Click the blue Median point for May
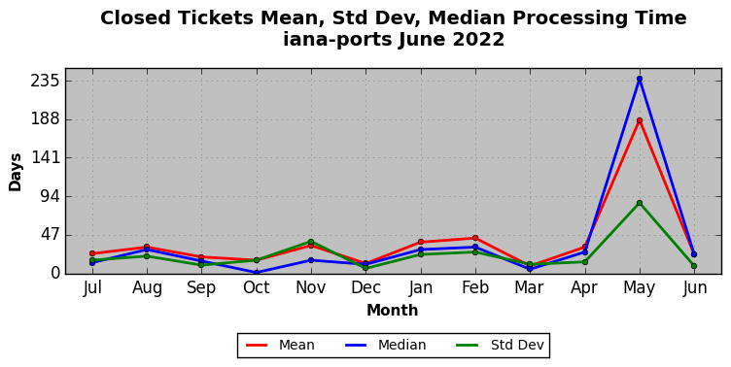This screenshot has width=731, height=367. coord(640,80)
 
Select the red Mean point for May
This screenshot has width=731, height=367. coord(640,120)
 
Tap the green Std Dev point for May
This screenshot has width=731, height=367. coord(640,203)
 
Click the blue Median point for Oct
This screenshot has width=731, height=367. coord(257,273)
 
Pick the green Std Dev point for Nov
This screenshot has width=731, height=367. coord(311,242)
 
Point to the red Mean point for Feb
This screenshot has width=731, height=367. coord(475,238)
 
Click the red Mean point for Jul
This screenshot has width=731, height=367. coord(92,253)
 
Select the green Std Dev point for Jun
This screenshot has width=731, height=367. coord(694,266)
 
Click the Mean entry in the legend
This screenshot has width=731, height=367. coord(280,345)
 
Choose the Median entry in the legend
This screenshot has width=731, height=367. coord(386,345)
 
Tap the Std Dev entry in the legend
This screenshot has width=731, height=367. coord(500,345)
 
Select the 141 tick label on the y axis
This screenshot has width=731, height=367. coord(46,158)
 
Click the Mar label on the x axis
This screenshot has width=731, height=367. coord(529,287)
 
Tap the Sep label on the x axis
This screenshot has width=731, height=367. coord(201,288)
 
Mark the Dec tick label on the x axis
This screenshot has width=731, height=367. coord(365,287)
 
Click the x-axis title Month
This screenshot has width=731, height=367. coord(392,310)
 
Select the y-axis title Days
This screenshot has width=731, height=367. coord(15,172)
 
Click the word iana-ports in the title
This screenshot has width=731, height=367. coord(338,39)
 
